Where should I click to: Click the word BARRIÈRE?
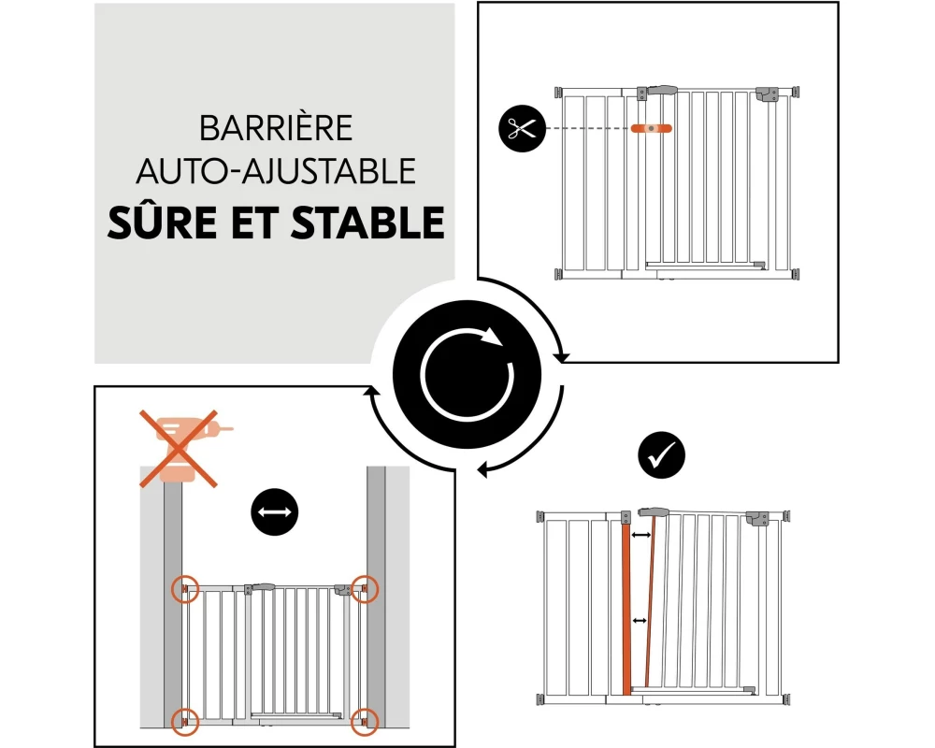click(x=276, y=128)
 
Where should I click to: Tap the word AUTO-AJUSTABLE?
click(x=276, y=171)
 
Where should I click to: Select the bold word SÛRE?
click(x=162, y=222)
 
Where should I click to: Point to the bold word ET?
click(x=254, y=223)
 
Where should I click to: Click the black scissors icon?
click(x=523, y=128)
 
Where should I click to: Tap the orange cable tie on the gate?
click(x=651, y=128)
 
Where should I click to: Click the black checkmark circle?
click(x=661, y=454)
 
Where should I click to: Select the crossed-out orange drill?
click(x=179, y=448)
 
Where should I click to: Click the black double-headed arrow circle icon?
click(x=274, y=511)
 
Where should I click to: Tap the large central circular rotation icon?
click(x=467, y=375)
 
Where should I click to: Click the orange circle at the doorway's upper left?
click(x=185, y=589)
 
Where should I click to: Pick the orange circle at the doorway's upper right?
click(x=364, y=589)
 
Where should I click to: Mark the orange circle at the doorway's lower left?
click(x=185, y=721)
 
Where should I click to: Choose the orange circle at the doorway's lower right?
click(x=364, y=721)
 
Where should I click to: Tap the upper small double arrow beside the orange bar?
click(x=641, y=535)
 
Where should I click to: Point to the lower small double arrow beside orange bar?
click(x=640, y=621)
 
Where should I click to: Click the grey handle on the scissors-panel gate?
click(x=662, y=91)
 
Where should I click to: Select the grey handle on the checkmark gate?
click(x=654, y=511)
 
